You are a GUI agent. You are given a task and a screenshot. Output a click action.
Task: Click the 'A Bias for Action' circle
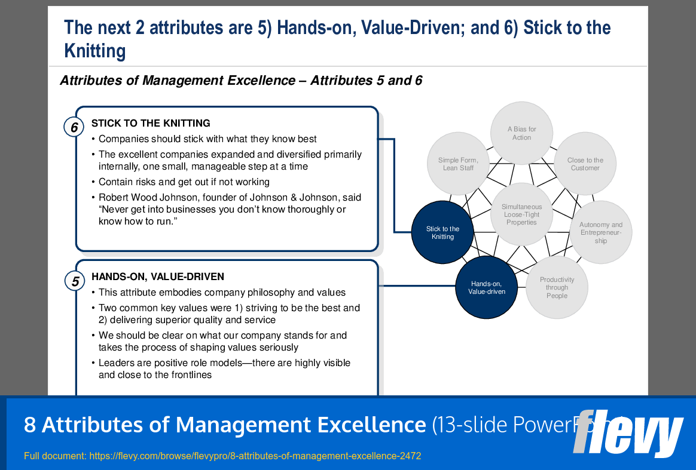[521, 133]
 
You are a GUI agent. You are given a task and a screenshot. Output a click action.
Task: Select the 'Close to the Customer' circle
[585, 164]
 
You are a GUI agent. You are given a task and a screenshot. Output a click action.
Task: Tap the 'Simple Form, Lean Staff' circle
[458, 164]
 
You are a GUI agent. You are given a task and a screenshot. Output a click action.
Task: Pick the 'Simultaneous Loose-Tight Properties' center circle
[521, 214]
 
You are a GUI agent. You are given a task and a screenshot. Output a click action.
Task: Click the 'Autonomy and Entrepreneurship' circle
[600, 232]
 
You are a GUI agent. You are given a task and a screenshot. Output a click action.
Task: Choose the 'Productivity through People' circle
[556, 287]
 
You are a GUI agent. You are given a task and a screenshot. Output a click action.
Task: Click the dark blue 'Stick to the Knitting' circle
[442, 232]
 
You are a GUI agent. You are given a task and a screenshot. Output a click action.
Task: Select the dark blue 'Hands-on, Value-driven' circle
[487, 287]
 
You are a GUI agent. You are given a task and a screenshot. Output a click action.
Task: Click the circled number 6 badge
[74, 127]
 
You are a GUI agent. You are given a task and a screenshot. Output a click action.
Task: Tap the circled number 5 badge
[75, 281]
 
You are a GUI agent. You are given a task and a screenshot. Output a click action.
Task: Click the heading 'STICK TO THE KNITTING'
[151, 124]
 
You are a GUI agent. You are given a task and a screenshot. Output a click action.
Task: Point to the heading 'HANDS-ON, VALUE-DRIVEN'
[158, 277]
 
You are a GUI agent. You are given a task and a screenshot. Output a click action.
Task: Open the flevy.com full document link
[255, 456]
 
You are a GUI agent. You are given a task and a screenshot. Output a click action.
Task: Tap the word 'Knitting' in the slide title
[95, 51]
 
